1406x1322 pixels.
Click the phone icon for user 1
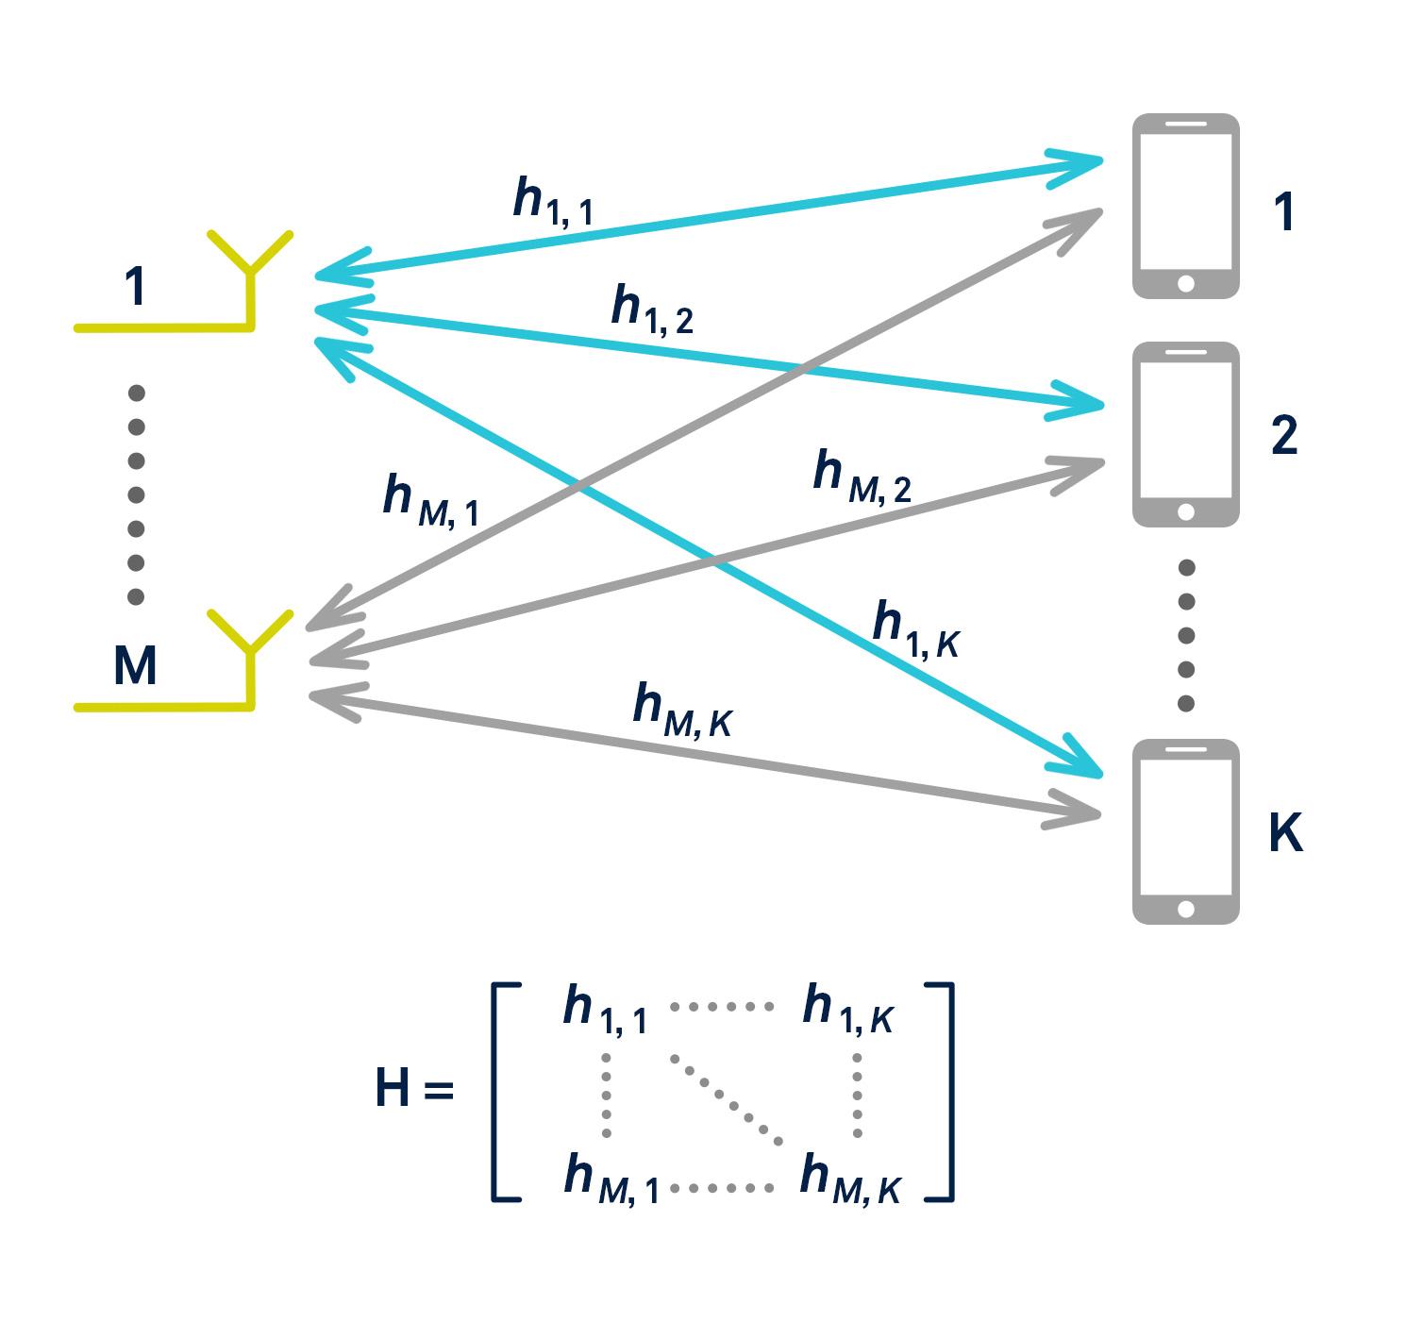point(1185,206)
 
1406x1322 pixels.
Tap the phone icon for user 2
point(1185,434)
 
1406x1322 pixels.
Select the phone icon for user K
point(1185,831)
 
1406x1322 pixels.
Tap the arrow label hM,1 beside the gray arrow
point(430,500)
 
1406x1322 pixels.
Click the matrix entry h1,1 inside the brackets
point(605,1010)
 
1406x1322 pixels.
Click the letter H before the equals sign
point(393,1088)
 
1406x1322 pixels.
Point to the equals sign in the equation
point(439,1091)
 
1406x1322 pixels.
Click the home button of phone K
point(1186,909)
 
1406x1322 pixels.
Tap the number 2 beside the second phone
point(1284,435)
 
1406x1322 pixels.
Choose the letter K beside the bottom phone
point(1285,832)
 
